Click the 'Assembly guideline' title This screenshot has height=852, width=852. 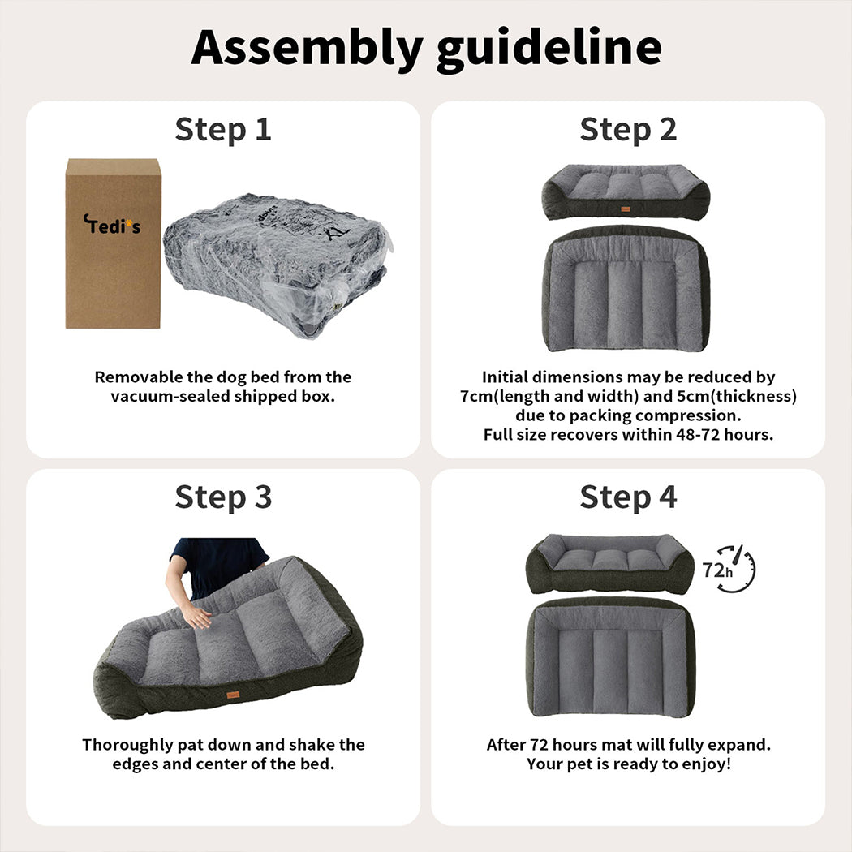pos(426,49)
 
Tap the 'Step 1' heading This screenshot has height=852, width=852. pos(223,131)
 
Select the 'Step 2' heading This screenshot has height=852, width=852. pos(628,131)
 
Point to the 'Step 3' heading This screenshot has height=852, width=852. pos(223,497)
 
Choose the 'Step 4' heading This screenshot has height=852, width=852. pos(628,497)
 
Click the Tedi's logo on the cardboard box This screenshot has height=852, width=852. pos(112,224)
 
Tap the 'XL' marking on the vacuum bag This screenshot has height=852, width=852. pos(338,234)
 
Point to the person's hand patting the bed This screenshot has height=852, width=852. pos(196,616)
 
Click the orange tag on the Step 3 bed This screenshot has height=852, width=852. pos(233,695)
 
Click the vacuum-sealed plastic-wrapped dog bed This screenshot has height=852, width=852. pos(278,265)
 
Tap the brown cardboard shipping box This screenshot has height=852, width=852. pos(113,243)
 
